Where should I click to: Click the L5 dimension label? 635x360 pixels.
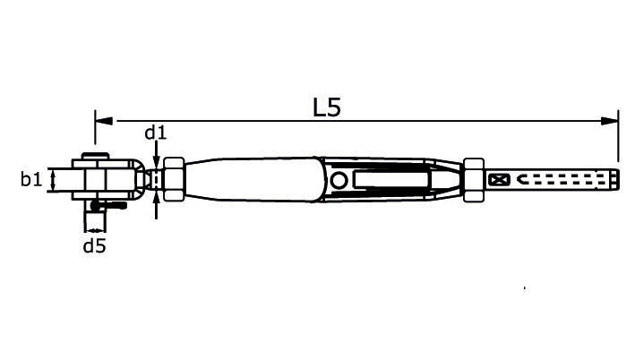click(327, 107)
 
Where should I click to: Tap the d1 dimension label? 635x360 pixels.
click(156, 133)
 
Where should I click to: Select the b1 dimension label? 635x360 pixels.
click(31, 178)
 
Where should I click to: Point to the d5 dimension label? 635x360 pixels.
click(94, 245)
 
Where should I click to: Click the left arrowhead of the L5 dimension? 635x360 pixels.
click(104, 121)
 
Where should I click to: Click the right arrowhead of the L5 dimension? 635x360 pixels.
click(610, 121)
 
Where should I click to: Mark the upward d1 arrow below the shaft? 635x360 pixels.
click(157, 205)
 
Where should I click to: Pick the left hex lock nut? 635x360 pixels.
click(174, 179)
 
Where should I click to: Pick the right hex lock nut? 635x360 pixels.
click(474, 180)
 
